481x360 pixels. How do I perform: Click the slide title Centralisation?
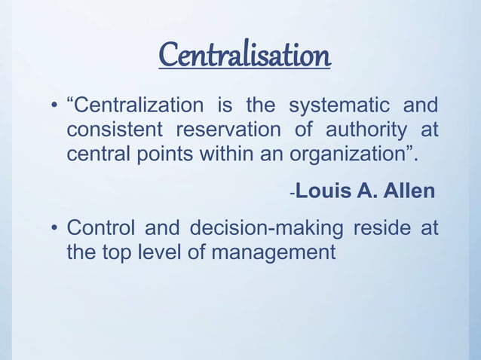[x=244, y=55]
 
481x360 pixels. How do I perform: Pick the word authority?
[x=362, y=130]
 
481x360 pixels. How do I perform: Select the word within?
[x=225, y=154]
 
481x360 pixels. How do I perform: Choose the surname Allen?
[x=409, y=191]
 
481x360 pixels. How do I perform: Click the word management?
[x=273, y=252]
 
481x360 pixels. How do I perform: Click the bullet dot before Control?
[x=54, y=228]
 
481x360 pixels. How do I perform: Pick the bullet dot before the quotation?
[x=54, y=106]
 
